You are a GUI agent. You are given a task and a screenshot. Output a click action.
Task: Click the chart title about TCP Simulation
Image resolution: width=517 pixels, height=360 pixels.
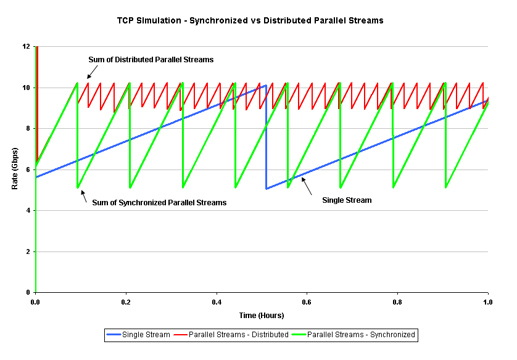point(250,20)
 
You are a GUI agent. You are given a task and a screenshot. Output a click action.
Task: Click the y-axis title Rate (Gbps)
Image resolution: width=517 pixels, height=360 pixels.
point(15,169)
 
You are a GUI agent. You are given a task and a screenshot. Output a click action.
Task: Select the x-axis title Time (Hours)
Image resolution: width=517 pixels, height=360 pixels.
point(262,316)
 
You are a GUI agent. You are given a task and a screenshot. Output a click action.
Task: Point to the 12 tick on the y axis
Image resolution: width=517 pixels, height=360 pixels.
point(26,47)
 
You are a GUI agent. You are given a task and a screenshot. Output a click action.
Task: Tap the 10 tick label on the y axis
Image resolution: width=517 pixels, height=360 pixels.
point(26,88)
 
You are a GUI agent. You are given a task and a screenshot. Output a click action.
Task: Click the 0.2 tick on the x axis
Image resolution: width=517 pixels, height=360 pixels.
point(126,303)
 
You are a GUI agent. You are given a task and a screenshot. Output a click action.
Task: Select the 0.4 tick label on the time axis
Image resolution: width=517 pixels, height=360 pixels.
point(217,303)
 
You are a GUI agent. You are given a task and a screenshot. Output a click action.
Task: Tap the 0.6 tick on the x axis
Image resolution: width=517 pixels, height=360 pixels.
point(307,303)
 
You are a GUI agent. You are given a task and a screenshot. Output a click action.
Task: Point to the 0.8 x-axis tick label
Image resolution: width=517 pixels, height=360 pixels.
point(397,303)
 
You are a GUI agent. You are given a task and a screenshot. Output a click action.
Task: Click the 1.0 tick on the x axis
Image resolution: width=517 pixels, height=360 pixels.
point(487,303)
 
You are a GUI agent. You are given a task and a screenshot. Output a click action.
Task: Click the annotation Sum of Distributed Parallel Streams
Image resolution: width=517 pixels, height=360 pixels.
point(151,60)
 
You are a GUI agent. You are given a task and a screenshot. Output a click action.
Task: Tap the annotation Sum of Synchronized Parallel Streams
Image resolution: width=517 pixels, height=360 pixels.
point(159,202)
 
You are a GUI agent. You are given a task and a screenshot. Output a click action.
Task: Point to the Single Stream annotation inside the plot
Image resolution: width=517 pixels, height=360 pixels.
point(347,200)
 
